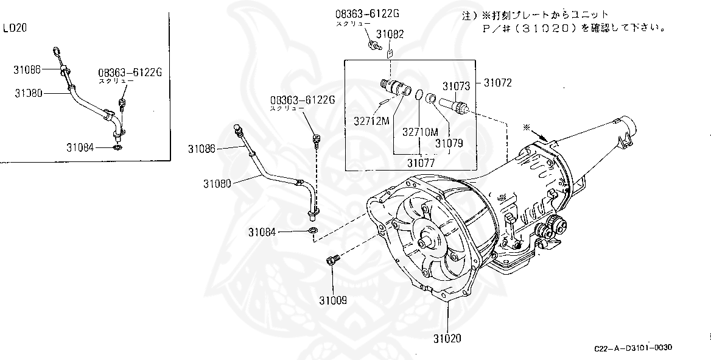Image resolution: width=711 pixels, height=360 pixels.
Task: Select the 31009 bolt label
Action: [333, 301]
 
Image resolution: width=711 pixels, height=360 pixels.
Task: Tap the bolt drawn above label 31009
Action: [332, 261]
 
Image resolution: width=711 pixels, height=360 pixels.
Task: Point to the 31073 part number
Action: [457, 86]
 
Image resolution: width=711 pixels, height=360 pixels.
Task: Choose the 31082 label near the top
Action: [390, 35]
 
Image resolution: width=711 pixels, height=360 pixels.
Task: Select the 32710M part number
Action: [420, 131]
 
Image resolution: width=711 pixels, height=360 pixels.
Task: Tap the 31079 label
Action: [449, 144]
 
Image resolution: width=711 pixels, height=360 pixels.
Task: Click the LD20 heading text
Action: [14, 28]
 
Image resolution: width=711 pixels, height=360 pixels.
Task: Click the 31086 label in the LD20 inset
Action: [27, 69]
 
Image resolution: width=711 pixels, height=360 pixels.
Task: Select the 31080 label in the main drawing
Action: [217, 182]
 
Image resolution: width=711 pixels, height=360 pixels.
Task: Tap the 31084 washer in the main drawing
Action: [313, 230]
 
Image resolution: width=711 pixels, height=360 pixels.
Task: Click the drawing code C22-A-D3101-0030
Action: [633, 348]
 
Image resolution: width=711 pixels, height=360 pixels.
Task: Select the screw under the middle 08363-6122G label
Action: [316, 139]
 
